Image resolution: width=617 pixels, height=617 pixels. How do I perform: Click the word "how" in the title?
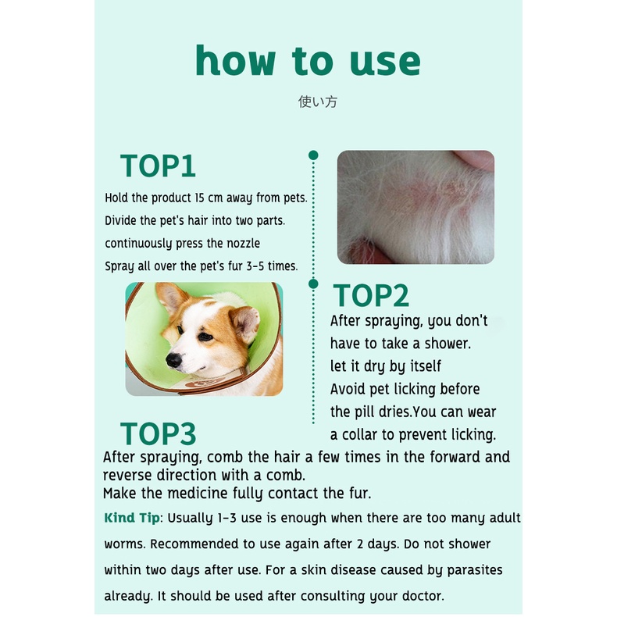235,60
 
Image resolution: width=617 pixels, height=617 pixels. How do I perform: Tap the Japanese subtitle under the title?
318,102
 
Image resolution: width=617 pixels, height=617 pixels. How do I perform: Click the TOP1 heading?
158,166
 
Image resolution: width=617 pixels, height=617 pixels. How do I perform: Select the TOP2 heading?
371,295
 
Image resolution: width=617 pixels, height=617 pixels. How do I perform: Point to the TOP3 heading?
159,433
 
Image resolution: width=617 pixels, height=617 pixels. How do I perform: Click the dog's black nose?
173,359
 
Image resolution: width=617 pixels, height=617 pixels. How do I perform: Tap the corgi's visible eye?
205,337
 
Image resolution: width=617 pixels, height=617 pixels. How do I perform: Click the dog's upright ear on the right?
244,322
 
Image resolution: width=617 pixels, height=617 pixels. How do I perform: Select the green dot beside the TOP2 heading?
313,284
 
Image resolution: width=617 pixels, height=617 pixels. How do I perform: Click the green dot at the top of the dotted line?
313,155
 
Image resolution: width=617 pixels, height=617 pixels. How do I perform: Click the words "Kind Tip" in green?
132,518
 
